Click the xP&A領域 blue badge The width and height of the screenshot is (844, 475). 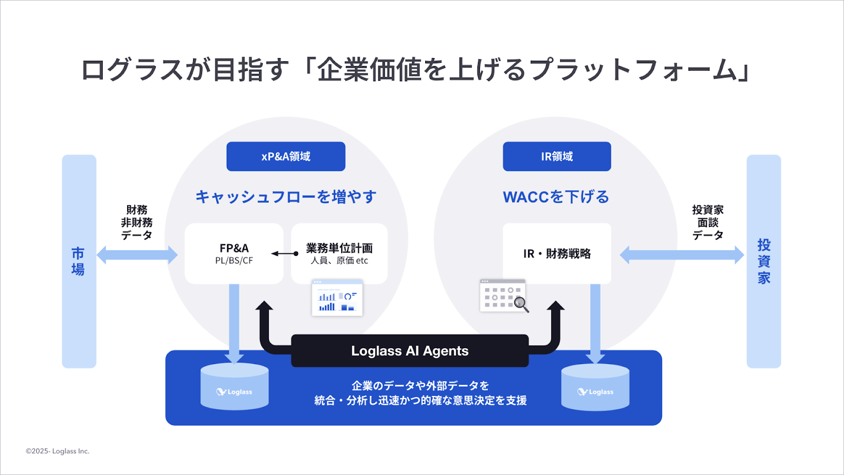tap(286, 156)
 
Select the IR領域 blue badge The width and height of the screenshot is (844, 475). tap(557, 156)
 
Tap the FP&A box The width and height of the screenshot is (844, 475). tap(234, 253)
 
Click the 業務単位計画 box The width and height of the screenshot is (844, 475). tap(339, 253)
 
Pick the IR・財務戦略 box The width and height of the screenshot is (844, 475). tap(557, 253)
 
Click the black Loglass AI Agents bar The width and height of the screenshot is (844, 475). tap(409, 351)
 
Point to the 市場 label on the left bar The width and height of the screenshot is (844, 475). tap(78, 261)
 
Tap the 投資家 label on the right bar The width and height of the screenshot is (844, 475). tap(764, 261)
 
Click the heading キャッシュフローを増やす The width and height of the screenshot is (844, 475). tap(286, 197)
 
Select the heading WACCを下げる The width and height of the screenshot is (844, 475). tap(556, 197)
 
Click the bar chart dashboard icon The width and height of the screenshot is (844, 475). tap(337, 298)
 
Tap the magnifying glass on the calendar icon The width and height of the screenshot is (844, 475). tap(521, 303)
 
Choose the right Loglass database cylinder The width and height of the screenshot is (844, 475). tap(595, 388)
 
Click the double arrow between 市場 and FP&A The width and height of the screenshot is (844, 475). tap(137, 255)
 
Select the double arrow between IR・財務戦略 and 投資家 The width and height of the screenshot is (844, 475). tap(682, 255)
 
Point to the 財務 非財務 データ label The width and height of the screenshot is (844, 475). tap(137, 222)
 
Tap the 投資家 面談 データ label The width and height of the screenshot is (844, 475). tap(707, 222)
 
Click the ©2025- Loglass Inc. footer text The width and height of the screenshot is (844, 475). tap(57, 451)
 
